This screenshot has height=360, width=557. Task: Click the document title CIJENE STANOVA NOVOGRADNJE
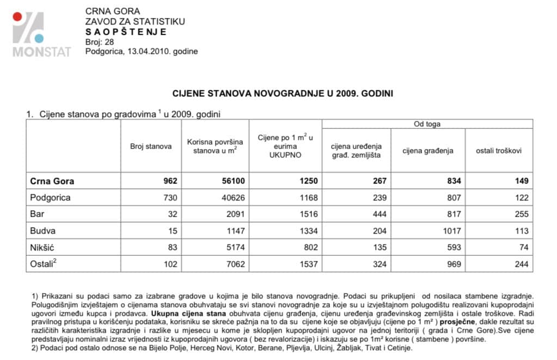pyautogui.click(x=283, y=93)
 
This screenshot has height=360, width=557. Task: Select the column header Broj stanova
pyautogui.click(x=151, y=146)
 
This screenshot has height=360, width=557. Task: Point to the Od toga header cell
pyautogui.click(x=427, y=124)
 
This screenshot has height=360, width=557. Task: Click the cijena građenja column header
pyautogui.click(x=427, y=150)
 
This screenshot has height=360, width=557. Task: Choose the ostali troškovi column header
pyautogui.click(x=499, y=150)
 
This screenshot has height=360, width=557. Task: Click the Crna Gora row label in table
pyautogui.click(x=52, y=181)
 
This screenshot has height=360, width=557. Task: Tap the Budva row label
pyautogui.click(x=43, y=231)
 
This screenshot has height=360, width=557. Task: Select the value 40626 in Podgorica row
pyautogui.click(x=227, y=198)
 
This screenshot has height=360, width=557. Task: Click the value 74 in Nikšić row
pyautogui.click(x=524, y=248)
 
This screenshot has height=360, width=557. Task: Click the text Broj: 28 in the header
pyautogui.click(x=100, y=42)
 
